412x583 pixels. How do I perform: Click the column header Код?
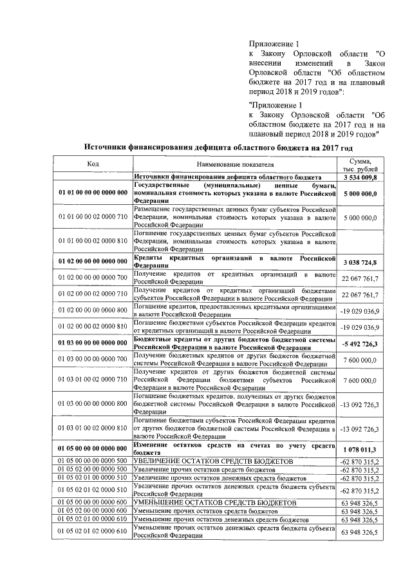click(93, 164)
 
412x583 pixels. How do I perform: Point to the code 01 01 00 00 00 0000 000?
click(93, 193)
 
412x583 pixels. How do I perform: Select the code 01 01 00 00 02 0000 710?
click(93, 218)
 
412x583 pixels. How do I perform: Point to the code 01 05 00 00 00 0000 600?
click(93, 502)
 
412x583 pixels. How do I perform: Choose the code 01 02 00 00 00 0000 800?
click(93, 311)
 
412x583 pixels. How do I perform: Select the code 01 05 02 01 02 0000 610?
click(93, 531)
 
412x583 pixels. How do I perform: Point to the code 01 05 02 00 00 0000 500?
click(93, 470)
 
